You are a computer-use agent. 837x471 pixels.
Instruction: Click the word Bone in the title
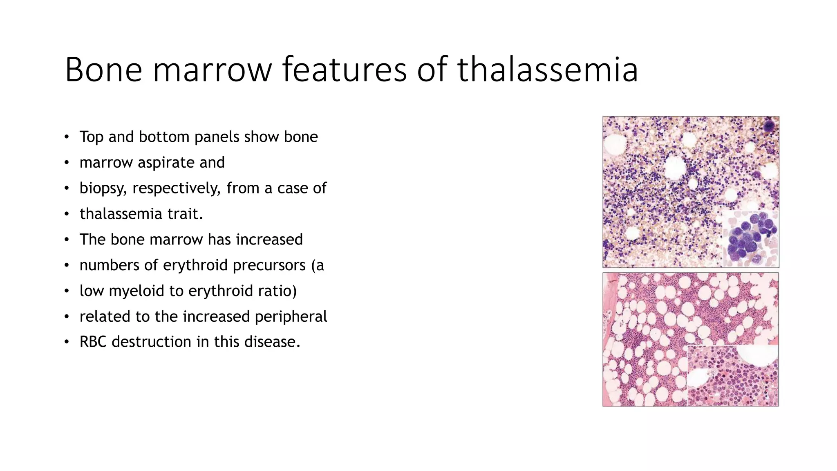coord(103,70)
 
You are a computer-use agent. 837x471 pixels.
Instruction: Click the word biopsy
coord(103,188)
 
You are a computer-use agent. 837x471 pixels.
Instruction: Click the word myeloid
coord(136,291)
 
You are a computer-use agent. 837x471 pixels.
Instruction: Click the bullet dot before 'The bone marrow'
coord(67,240)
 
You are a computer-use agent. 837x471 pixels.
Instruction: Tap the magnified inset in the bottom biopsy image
coord(732,375)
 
